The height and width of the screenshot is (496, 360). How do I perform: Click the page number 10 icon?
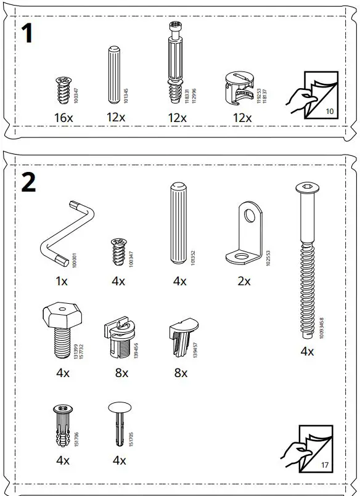pyautogui.click(x=312, y=95)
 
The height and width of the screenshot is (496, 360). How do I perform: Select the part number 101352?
pyautogui.click(x=194, y=258)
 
